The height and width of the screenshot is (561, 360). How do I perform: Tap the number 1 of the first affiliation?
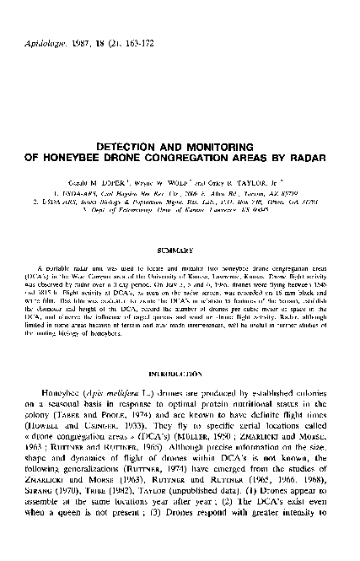point(69,191)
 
